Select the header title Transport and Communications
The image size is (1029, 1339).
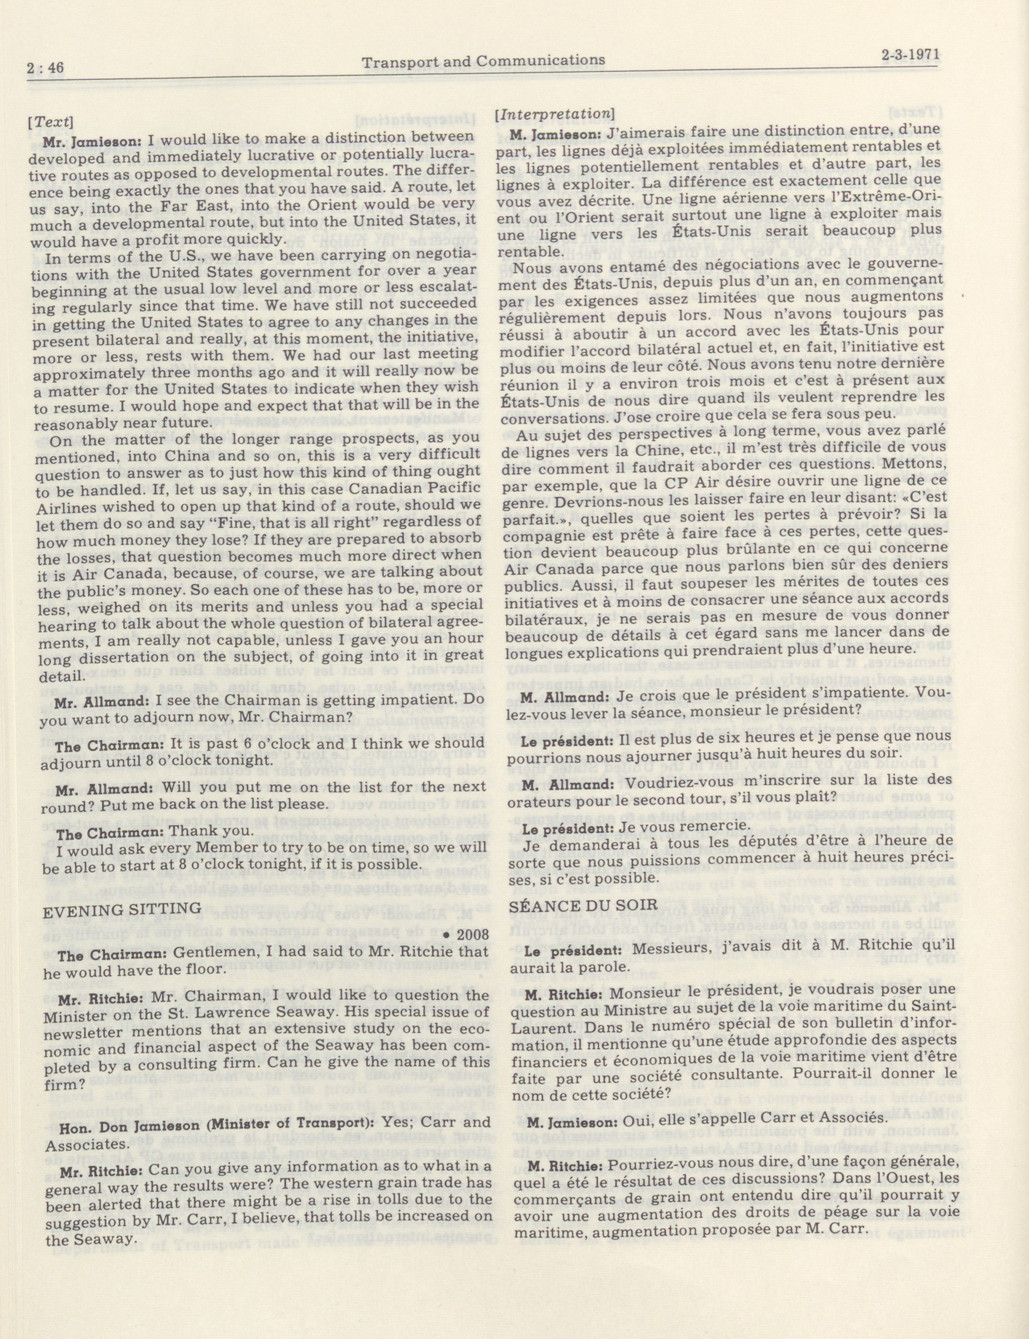coord(483,60)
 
